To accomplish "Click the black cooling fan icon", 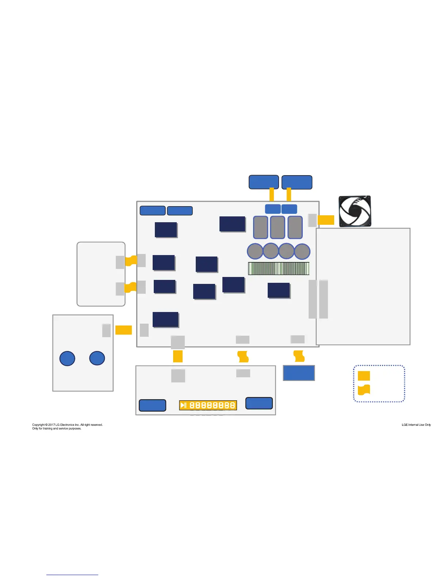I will pos(355,211).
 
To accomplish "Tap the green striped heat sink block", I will pos(279,269).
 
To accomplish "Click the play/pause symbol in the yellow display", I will pos(183,405).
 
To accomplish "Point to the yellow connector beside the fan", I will pos(326,220).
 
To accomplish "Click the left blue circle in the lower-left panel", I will pos(67,358).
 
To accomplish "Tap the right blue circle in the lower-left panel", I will pos(97,358).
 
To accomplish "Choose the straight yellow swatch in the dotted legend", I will pos(364,376).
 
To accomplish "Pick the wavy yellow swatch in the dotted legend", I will pos(364,390).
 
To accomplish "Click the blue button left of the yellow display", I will pos(153,405).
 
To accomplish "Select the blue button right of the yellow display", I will pos(259,403).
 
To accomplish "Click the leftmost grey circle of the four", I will pos(255,251).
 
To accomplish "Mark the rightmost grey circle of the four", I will pos(302,251).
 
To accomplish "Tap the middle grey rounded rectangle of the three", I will pos(278,227).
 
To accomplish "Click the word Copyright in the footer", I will pos(39,425).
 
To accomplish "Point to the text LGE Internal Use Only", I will pos(416,425).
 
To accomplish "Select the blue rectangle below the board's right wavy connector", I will pos(299,373).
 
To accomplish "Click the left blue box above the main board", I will pos(264,182).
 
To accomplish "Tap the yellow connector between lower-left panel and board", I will pos(123,330).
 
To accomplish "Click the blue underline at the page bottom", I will pos(72,575).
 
